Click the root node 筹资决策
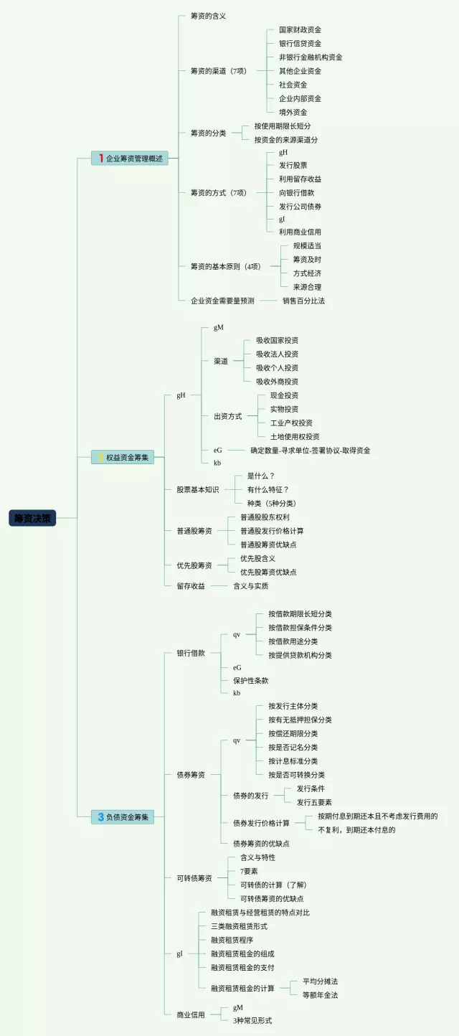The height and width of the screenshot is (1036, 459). [x=32, y=518]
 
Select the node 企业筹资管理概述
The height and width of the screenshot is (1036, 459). [x=130, y=159]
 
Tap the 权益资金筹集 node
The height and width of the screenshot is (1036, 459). [x=123, y=457]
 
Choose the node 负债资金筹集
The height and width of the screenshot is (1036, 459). [x=123, y=816]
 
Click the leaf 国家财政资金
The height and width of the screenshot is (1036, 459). [x=300, y=30]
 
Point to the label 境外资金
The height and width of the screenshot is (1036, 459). [x=293, y=112]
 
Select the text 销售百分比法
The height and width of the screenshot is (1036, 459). [x=303, y=301]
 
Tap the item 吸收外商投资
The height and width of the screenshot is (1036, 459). [x=277, y=381]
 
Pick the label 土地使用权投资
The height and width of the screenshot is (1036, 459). [x=295, y=436]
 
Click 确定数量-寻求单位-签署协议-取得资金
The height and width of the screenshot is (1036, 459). [x=310, y=450]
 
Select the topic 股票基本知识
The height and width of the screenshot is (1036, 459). [x=197, y=489]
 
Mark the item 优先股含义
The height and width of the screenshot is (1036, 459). [x=257, y=558]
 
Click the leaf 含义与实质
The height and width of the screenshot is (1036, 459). [x=250, y=585]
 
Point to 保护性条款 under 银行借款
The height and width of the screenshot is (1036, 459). [x=250, y=680]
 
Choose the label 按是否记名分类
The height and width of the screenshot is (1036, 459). [x=293, y=747]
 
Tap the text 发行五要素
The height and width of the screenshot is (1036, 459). [x=314, y=802]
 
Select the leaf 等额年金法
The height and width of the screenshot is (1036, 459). [x=320, y=994]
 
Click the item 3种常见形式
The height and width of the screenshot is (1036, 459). [x=252, y=1020]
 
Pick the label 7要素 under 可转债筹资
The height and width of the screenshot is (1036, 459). [x=249, y=871]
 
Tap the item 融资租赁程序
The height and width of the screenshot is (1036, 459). [x=232, y=940]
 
